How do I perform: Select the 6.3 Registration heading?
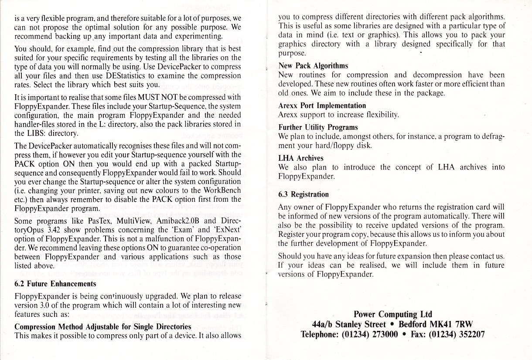[x=304, y=194]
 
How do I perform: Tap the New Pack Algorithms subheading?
[x=313, y=66]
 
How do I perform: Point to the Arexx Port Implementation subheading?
[x=322, y=105]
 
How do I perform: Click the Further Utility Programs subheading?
[x=318, y=127]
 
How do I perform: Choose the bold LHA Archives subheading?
[x=301, y=158]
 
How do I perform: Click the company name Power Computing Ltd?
[x=392, y=314]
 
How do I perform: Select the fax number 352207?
[x=467, y=334]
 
